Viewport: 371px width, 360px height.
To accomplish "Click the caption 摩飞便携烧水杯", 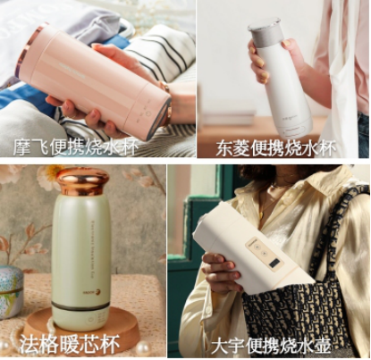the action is pos(75,147).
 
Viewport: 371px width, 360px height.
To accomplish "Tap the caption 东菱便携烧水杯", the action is pos(275,148).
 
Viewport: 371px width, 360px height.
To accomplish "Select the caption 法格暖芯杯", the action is pos(70,344).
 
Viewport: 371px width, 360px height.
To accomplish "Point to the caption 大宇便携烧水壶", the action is pos(271,346).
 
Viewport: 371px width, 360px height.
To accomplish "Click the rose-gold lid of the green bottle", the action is pos(82,182).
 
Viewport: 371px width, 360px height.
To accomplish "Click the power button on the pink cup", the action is pos(148,113).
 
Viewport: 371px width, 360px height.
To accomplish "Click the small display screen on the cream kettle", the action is pos(275,264).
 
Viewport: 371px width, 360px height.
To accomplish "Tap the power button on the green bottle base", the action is pos(90,320).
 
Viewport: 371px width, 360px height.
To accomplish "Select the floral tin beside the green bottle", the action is pos(10,291).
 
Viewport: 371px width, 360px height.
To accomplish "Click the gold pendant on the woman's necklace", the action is pos(261,214).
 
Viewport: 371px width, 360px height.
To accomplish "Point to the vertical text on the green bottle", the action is pos(93,249).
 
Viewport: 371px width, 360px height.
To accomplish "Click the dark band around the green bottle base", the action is pos(81,306).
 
